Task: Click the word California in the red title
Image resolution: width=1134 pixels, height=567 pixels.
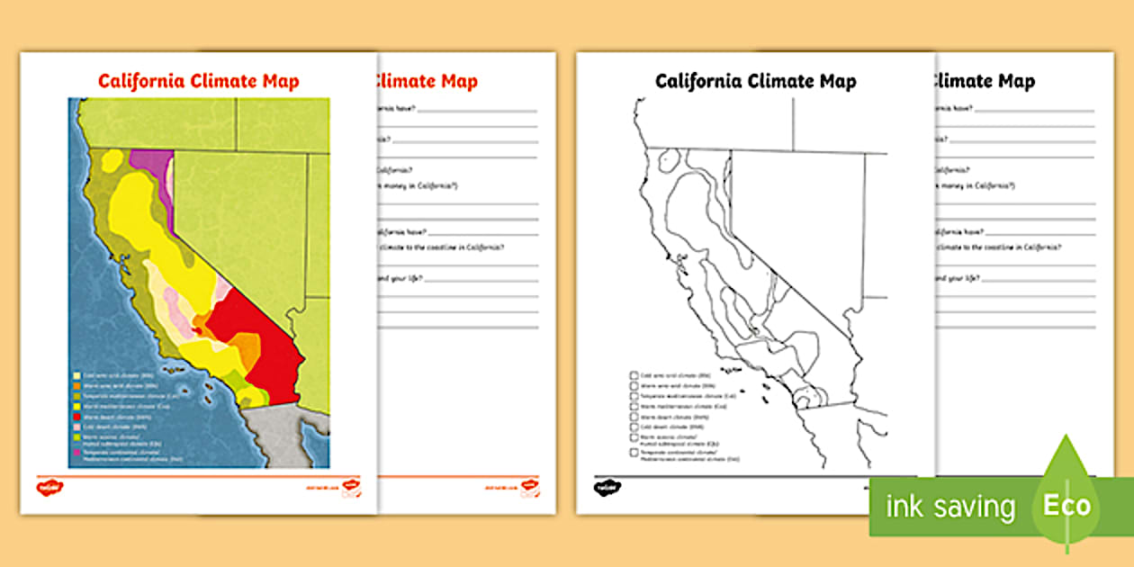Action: click(x=139, y=81)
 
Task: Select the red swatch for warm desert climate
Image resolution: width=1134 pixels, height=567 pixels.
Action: click(x=76, y=417)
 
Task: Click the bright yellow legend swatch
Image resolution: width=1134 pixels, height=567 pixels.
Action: click(x=76, y=406)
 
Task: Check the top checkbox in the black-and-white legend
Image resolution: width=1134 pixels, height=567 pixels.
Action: click(x=634, y=374)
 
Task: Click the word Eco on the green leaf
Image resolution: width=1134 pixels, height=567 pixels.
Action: click(x=1066, y=506)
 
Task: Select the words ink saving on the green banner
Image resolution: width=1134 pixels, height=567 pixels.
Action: click(x=949, y=507)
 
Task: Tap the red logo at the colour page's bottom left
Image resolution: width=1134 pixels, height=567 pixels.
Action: click(x=49, y=488)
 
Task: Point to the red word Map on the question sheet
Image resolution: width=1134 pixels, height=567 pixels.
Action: click(x=457, y=81)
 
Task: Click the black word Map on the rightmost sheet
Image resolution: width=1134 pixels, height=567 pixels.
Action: click(x=1014, y=81)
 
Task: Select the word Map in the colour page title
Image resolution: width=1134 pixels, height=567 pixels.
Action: click(x=279, y=81)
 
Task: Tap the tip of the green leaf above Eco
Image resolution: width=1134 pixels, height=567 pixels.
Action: click(x=1067, y=438)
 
